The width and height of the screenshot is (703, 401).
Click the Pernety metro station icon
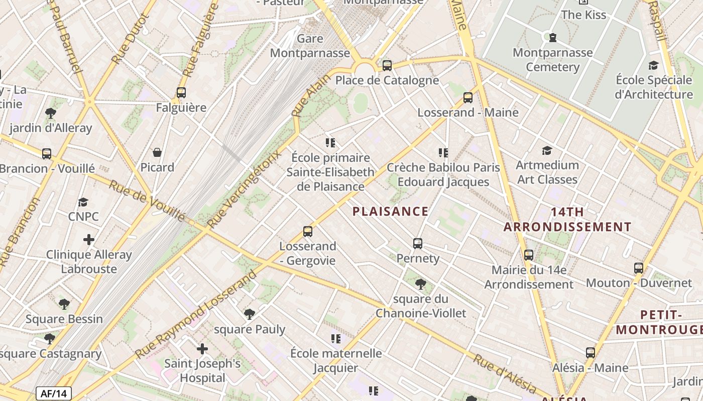pos(418,244)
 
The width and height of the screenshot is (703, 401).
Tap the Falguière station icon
pos(181,93)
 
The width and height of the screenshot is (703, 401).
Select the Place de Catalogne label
pos(387,80)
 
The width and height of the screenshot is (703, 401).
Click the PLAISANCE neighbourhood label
pos(391,212)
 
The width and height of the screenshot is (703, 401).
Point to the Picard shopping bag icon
pos(157,152)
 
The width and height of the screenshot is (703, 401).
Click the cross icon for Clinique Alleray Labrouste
pos(89,240)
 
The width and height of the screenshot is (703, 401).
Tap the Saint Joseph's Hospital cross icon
pos(202,348)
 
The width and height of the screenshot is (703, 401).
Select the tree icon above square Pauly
pos(249,314)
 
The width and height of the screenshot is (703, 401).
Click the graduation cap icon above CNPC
pos(83,202)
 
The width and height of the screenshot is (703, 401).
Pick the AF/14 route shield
pos(54,393)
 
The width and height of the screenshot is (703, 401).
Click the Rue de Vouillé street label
pos(147,200)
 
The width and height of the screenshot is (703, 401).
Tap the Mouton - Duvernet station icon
pos(639,268)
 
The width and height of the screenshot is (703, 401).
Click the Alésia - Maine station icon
pos(591,353)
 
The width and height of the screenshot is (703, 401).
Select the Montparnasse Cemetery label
pos(552,60)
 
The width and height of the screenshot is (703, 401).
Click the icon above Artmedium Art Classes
pos(547,150)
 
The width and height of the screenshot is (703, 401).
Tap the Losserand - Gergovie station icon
pos(308,232)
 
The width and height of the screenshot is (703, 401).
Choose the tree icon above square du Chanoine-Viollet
pos(421,284)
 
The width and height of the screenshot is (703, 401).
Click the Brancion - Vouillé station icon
pos(47,154)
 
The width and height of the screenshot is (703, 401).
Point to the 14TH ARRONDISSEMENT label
pos(567,220)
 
